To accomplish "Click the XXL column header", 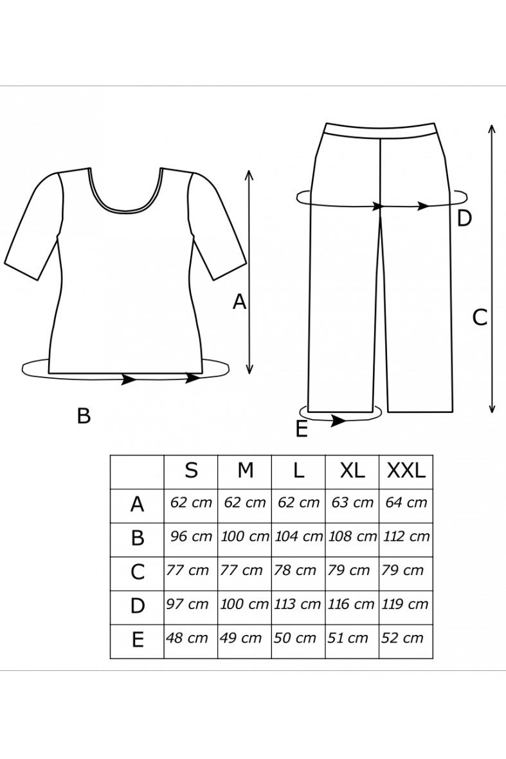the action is coord(406,470).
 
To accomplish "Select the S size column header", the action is coord(191,470).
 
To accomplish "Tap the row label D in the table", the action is coord(138,605).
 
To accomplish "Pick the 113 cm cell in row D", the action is coord(298,604).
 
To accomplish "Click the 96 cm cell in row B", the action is coord(191,536).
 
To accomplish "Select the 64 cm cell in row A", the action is coord(406,502).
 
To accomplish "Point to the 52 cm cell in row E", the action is coord(402,638).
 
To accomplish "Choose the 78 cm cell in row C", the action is coord(294,571).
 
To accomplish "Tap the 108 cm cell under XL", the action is coord(352,536).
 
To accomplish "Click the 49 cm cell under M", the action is coord(240,638).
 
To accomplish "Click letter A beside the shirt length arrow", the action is coord(239,302).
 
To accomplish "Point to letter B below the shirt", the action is coord(84,416).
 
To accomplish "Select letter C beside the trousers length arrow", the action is coord(480,318).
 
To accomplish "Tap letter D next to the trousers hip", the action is coord(464,219).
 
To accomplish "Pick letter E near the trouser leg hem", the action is coord(302,429).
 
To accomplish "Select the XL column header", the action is coord(352,470).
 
